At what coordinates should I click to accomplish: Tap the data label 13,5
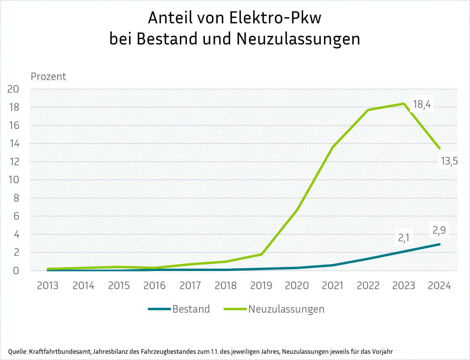449,161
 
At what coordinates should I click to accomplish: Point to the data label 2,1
405,238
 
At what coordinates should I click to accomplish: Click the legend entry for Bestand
191,309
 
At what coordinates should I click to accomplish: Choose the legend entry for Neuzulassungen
286,309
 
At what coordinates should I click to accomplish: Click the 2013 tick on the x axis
48,285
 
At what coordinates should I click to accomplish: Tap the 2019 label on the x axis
261,285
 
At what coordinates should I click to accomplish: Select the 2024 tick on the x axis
439,285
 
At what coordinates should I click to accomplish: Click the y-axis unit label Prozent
49,77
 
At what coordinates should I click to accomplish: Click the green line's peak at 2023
404,104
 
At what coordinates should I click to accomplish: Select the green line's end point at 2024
439,148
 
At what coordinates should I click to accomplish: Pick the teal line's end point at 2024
439,244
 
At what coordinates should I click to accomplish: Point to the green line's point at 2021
333,147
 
